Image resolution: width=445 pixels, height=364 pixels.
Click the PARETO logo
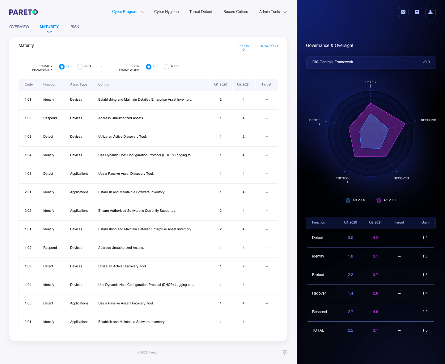(x=23, y=12)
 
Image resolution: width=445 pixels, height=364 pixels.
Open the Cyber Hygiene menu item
(x=166, y=12)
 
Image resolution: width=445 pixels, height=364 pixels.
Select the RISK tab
(x=75, y=27)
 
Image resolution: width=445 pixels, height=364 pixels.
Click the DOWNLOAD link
(x=269, y=46)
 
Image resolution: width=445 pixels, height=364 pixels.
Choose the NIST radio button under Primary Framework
(x=80, y=67)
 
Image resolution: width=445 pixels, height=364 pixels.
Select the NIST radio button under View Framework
(x=167, y=67)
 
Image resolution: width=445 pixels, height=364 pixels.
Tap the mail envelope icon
(x=403, y=12)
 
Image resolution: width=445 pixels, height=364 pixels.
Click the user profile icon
(x=430, y=12)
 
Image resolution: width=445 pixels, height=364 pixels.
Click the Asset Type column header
(x=78, y=84)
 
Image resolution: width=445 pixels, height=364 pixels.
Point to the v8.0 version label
(x=426, y=62)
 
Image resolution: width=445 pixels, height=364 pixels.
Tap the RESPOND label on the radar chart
(x=428, y=120)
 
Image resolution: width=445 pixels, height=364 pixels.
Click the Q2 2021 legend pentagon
(x=379, y=200)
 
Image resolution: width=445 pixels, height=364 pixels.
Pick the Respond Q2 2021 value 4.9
(x=375, y=312)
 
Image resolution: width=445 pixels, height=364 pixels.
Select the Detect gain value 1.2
(x=425, y=238)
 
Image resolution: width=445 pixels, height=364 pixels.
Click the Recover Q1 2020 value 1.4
(x=350, y=293)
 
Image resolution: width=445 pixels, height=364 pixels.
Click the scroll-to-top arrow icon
(x=285, y=353)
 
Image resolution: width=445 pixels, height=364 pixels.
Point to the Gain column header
(x=425, y=222)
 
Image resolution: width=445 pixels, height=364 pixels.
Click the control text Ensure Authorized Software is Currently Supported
(x=137, y=211)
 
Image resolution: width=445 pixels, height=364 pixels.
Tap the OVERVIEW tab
(x=19, y=27)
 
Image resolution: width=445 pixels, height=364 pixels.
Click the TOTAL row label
(x=318, y=330)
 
